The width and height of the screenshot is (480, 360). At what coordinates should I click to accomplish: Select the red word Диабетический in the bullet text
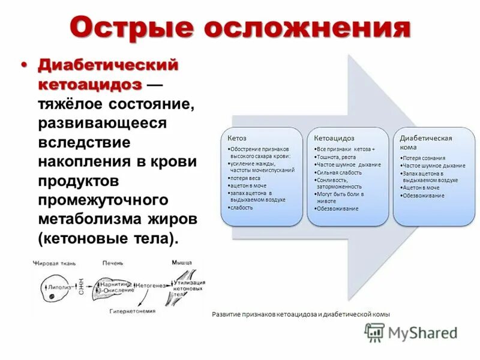[x=109, y=65]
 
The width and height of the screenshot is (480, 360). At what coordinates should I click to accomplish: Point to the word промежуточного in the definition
[x=106, y=199]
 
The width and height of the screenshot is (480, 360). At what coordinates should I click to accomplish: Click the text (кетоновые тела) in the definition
[x=109, y=238]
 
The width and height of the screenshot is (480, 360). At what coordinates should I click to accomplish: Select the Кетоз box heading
[x=236, y=138]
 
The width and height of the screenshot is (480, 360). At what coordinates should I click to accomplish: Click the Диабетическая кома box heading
[x=426, y=142]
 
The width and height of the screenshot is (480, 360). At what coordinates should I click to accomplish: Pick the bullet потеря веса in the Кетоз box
[x=245, y=178]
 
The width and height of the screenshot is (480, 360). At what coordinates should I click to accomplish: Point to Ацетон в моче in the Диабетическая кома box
[x=422, y=187]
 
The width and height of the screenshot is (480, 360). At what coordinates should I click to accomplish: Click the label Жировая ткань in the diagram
[x=56, y=263]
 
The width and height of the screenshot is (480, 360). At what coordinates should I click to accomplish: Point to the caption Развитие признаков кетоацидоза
[x=301, y=314]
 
